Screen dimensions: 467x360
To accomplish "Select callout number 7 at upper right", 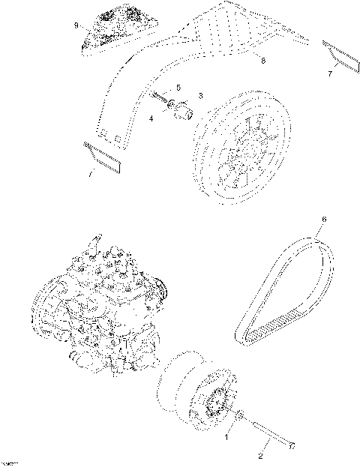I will [x=330, y=74].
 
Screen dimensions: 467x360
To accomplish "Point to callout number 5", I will [x=178, y=88].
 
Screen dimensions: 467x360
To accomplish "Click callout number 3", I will [x=201, y=97].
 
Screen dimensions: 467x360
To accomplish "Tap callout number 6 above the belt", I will [x=324, y=220].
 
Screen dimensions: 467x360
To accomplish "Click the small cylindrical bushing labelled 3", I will [x=184, y=113].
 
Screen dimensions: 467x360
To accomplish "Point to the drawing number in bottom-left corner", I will [x=9, y=463].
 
